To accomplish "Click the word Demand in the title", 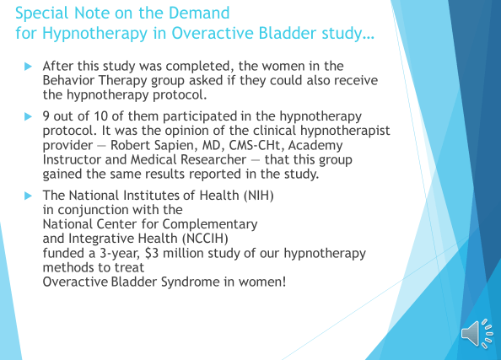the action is tap(199, 13).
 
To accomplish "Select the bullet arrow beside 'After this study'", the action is tap(28, 67).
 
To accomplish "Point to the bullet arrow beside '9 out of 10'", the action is tap(28, 116).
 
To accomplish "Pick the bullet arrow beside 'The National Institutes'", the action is tap(28, 196).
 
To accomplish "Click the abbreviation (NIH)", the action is tap(258, 195).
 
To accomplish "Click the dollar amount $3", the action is tap(152, 253).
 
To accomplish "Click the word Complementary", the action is tap(210, 224).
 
